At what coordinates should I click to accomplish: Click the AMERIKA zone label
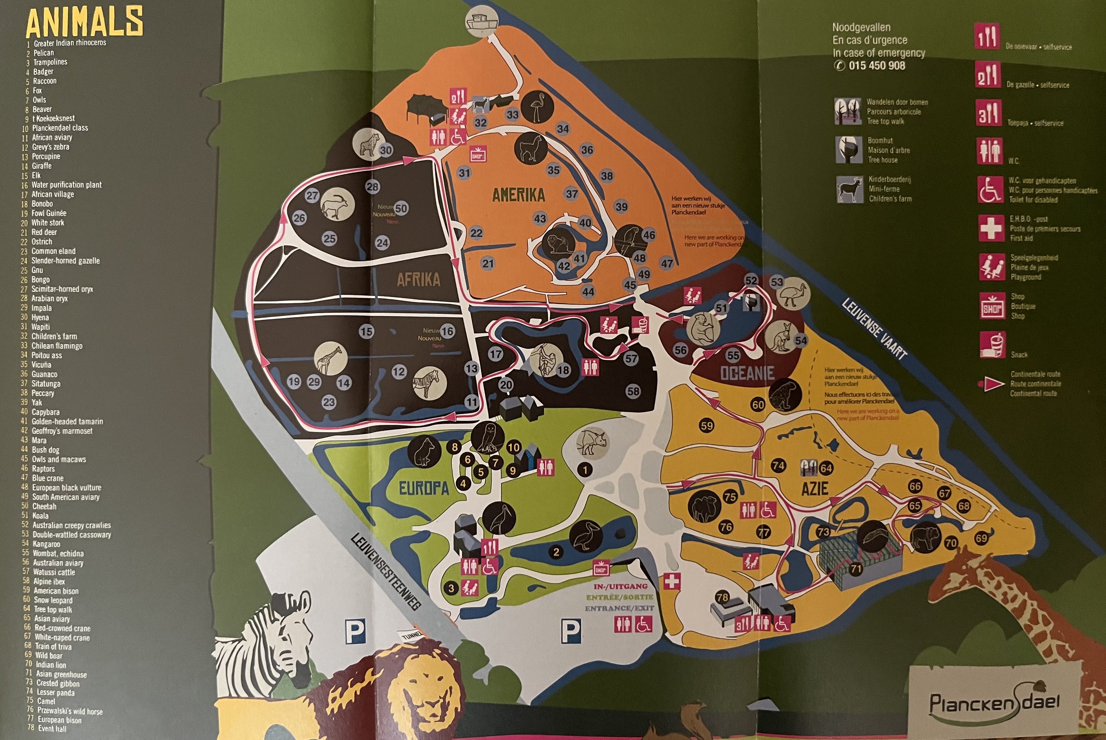tap(518, 195)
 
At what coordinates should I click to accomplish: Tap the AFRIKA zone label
tap(418, 280)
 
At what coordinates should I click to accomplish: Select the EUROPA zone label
tap(423, 489)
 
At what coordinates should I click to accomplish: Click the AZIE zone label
tap(815, 489)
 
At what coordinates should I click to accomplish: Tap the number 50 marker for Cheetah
tap(401, 208)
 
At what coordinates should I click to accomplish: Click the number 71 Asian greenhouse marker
tap(856, 569)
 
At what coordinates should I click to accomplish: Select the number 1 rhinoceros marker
tap(585, 470)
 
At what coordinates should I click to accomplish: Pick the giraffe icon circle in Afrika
tap(331, 359)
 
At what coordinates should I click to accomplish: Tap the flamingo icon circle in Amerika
tap(537, 107)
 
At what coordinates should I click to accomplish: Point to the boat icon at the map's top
tap(482, 21)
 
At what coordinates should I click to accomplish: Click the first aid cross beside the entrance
tap(672, 581)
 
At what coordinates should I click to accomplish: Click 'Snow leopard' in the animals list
tap(53, 600)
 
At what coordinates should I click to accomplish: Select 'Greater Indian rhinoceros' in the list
tap(70, 43)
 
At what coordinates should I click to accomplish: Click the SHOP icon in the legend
tap(992, 306)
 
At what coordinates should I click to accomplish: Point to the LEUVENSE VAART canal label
tap(874, 329)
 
